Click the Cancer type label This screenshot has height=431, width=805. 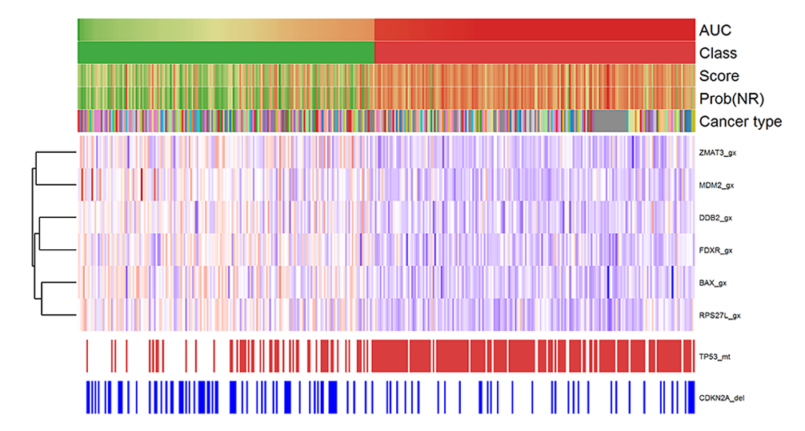[x=739, y=122]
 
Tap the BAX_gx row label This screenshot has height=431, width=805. [x=712, y=283]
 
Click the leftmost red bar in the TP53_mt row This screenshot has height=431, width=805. [x=86, y=355]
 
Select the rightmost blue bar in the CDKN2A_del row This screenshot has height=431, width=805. [x=692, y=397]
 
